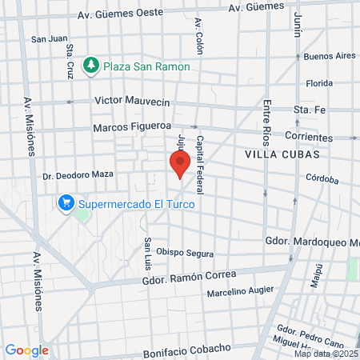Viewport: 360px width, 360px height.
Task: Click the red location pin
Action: [x=180, y=164]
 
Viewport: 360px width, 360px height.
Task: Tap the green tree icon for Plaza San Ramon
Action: [x=90, y=66]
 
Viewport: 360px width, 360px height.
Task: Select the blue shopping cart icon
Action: [x=66, y=203]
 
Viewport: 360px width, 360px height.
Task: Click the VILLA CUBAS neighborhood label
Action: [x=282, y=154]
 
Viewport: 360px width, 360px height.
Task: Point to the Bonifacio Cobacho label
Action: [x=186, y=350]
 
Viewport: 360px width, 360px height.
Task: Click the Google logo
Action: [x=26, y=350]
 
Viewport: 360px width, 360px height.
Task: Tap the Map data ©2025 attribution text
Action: [x=325, y=354]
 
